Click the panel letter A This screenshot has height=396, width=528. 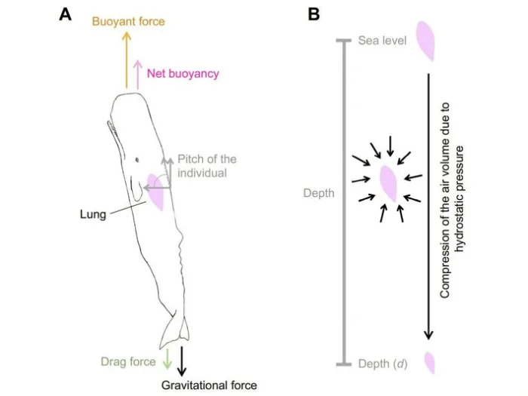click(x=66, y=14)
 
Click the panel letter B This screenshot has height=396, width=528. click(x=314, y=14)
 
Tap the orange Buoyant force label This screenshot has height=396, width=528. click(x=129, y=22)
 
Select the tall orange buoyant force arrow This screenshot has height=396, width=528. click(x=127, y=60)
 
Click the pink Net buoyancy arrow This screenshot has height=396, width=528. click(x=137, y=75)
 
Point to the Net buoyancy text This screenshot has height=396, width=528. click(x=183, y=73)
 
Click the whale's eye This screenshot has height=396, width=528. click(x=137, y=160)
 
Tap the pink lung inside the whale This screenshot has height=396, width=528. click(x=156, y=192)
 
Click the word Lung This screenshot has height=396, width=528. click(x=93, y=214)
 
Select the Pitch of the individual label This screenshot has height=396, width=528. click(x=207, y=166)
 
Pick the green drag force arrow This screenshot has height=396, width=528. click(x=167, y=359)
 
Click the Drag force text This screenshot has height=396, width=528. click(x=128, y=361)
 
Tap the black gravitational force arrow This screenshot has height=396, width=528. click(x=182, y=361)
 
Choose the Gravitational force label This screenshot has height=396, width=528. click(x=209, y=385)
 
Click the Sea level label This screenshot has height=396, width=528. click(x=382, y=41)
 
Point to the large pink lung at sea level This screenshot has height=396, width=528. click(x=425, y=41)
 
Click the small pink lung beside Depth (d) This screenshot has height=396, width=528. click(x=429, y=363)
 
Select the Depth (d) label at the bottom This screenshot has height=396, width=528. click(x=383, y=364)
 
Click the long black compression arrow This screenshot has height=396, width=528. click(x=428, y=207)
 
